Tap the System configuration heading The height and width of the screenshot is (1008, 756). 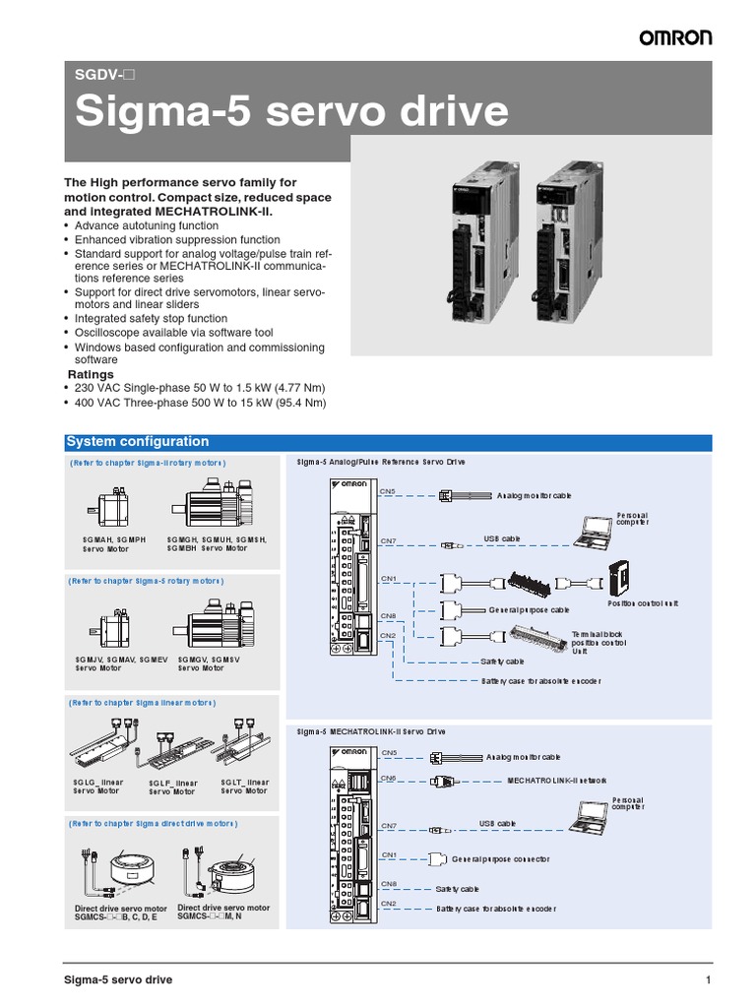coord(137,442)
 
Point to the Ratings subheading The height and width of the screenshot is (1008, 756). coord(91,374)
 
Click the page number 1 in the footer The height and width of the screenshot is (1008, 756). coord(708,979)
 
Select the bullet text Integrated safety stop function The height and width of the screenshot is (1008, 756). coord(151,319)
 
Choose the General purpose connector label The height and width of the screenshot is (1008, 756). coord(507,859)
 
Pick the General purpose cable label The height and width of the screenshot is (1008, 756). coord(529,610)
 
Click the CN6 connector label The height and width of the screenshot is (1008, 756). coord(389,778)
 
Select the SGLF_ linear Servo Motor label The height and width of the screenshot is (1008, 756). coord(173,787)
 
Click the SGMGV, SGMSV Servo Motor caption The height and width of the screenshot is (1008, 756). coord(210,663)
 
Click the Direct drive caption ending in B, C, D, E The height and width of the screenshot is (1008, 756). coord(121,913)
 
